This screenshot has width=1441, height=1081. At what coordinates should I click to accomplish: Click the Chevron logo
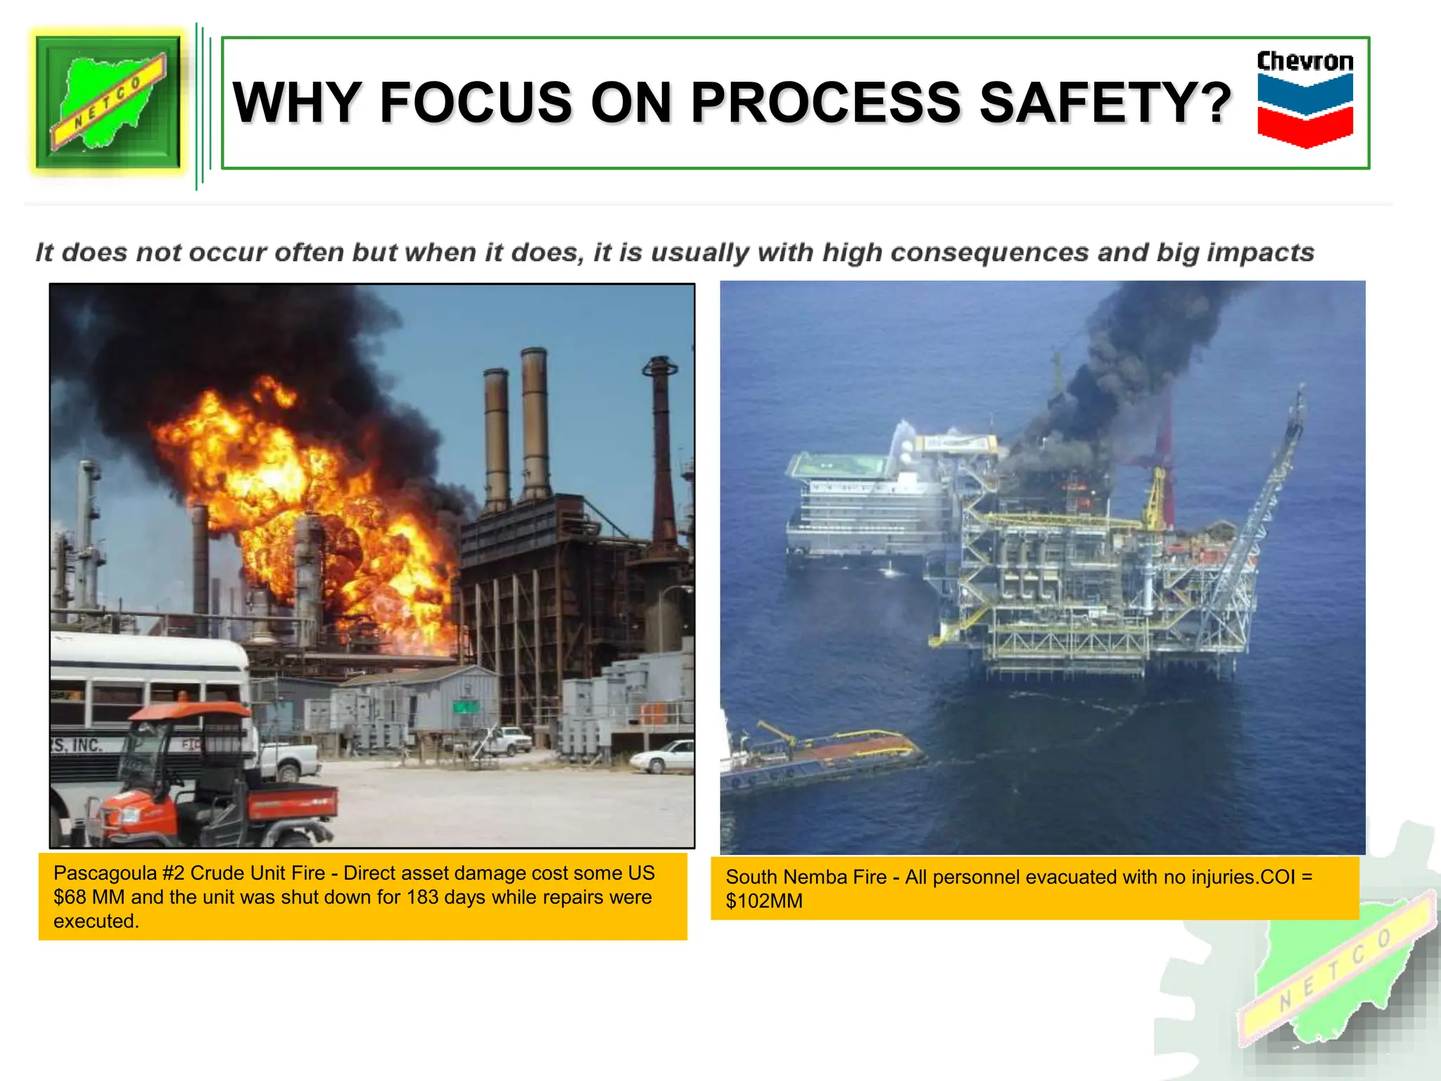[1304, 99]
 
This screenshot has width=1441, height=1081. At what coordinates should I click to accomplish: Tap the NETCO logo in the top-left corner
[108, 101]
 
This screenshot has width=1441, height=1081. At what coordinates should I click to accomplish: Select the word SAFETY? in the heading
[1105, 103]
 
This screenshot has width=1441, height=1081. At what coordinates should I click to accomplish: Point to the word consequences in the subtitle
[989, 253]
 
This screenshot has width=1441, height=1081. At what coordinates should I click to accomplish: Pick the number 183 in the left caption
[422, 897]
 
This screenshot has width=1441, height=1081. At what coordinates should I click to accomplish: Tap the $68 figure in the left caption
[70, 897]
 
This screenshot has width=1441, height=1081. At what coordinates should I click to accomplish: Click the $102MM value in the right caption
[764, 901]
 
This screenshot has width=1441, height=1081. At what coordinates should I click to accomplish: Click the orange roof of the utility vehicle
[190, 711]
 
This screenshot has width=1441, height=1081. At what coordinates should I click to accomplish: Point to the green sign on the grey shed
[465, 706]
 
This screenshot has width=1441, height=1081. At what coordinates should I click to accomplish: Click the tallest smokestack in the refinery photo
[535, 422]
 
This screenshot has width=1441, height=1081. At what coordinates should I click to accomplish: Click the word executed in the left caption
[96, 921]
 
